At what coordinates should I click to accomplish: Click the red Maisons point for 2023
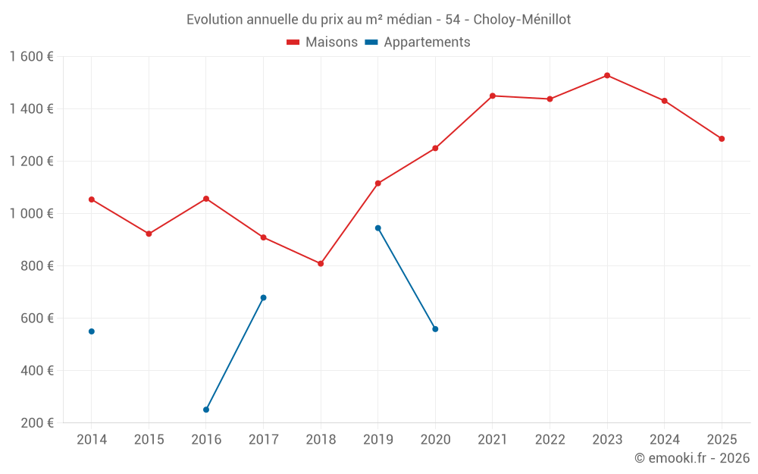(x=607, y=75)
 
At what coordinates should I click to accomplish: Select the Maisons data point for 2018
(x=321, y=263)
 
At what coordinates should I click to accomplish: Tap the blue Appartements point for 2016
(x=206, y=410)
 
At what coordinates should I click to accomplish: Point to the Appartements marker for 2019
(x=377, y=228)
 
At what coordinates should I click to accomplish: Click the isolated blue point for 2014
(x=92, y=331)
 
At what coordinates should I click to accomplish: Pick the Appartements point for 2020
(x=435, y=329)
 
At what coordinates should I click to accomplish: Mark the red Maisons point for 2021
(x=493, y=96)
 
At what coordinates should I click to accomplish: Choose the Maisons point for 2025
(x=722, y=139)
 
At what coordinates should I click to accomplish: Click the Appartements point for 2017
(x=263, y=297)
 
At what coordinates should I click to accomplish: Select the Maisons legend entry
(x=322, y=42)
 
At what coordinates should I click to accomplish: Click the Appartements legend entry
(x=418, y=42)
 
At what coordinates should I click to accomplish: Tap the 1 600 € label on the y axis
(x=32, y=57)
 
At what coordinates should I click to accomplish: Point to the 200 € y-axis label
(x=36, y=423)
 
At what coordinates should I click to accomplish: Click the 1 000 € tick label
(x=32, y=214)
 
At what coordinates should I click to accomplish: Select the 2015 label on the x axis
(x=149, y=440)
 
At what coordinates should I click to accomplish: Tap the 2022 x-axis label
(x=550, y=440)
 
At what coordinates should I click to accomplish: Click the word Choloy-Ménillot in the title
(x=522, y=19)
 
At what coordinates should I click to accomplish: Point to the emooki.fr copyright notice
(x=691, y=458)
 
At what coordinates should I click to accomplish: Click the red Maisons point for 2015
(x=149, y=234)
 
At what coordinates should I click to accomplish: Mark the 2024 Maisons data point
(x=665, y=101)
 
